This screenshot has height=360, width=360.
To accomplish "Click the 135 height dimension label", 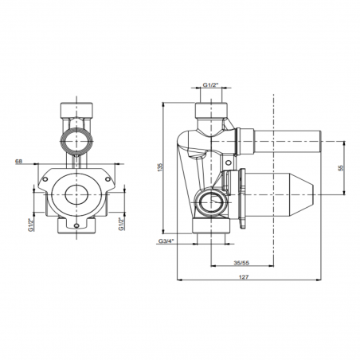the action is pos(159,167).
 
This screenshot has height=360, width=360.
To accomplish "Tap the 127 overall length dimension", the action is pos(244,277).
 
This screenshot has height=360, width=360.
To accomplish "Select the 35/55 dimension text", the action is pos(241,263).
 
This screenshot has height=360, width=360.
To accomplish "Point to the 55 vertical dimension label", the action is pos(341,168).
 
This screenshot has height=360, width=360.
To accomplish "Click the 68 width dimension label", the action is pos(18,161).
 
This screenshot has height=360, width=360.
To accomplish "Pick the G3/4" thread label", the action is pos(166,241).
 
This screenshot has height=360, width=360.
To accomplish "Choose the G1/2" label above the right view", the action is pos(210,85).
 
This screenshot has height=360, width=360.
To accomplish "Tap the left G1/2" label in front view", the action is pos(31,225).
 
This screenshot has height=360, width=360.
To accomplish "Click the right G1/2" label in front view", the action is pos(122,224).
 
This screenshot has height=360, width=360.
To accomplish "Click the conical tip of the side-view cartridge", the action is pos(303,194).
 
